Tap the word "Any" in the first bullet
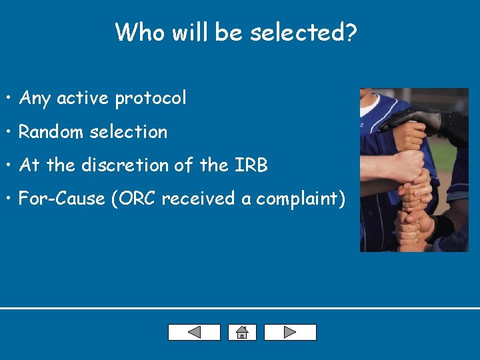[35, 99]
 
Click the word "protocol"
[151, 99]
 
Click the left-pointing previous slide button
[194, 332]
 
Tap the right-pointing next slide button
[290, 332]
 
